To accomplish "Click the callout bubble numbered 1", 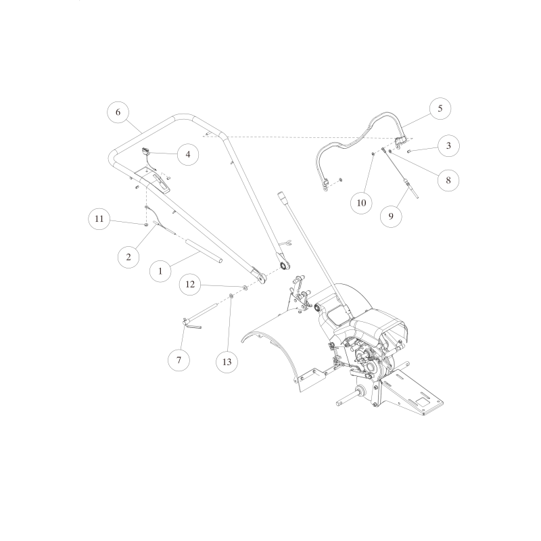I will (x=160, y=270).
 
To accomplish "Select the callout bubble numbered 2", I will (x=128, y=256).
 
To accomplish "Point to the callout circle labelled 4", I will (x=188, y=154).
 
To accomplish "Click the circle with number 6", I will (x=118, y=112).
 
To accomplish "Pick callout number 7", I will (x=179, y=360).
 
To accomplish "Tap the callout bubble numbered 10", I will (x=361, y=203).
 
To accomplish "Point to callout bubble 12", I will (x=190, y=285).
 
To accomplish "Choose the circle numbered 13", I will (x=227, y=362).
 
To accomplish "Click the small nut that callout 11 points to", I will (x=146, y=224).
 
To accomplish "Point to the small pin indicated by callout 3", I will (x=410, y=151).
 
